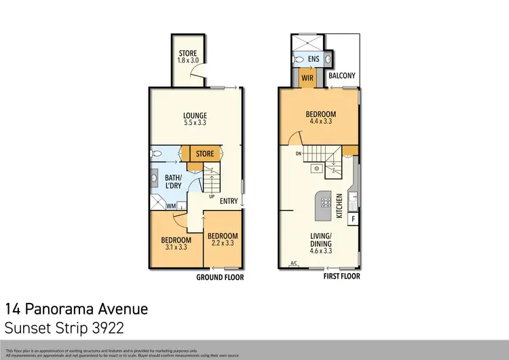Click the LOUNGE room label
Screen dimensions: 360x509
click(x=195, y=115)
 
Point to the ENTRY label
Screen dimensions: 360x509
click(x=229, y=200)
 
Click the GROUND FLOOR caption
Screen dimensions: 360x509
click(x=219, y=277)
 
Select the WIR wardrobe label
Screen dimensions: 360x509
click(x=307, y=79)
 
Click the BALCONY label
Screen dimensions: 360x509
click(x=343, y=77)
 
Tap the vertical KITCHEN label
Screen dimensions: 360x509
click(x=340, y=205)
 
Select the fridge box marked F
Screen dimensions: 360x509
click(x=353, y=219)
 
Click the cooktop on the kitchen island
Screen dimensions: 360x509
click(x=324, y=201)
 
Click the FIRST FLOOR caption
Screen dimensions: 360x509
click(x=341, y=277)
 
